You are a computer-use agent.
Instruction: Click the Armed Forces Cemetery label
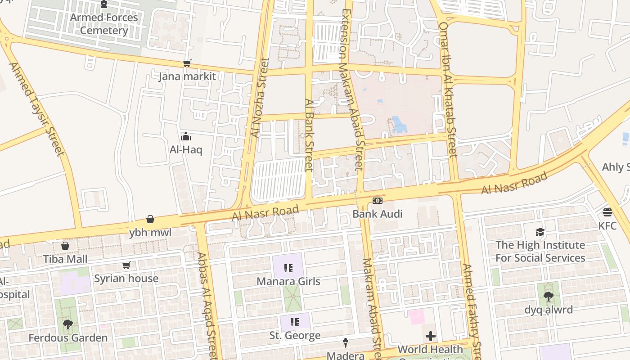[104, 24]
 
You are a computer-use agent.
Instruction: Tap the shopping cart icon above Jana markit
[187, 63]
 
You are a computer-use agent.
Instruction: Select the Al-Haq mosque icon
[186, 136]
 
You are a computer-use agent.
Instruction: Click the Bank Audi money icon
[377, 201]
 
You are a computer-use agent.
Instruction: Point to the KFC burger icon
[607, 212]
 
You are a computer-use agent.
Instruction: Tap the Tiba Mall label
[65, 259]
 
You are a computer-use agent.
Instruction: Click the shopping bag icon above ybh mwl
[150, 220]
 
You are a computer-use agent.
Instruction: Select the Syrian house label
[126, 279]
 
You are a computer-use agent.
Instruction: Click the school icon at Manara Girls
[288, 269]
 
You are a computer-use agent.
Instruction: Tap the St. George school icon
[295, 322]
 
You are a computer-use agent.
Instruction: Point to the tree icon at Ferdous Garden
[68, 324]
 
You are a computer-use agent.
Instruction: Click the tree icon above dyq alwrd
[548, 297]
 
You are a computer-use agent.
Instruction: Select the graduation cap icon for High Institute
[540, 232]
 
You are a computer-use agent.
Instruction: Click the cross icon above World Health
[430, 336]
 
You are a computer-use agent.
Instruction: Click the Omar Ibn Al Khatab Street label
[448, 90]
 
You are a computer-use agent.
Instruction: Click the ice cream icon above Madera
[346, 343]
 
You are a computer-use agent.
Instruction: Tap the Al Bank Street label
[309, 135]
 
